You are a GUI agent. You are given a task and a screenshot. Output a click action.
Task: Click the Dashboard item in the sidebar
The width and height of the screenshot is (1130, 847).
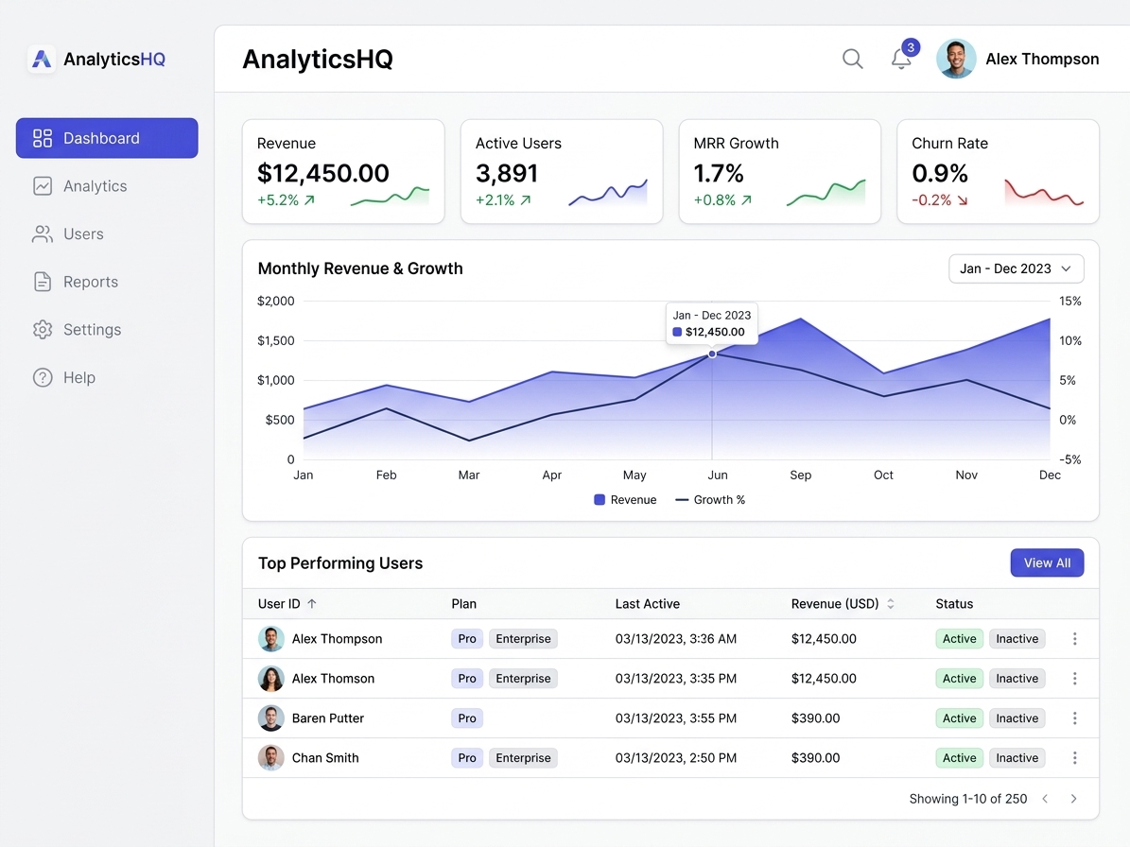click(106, 138)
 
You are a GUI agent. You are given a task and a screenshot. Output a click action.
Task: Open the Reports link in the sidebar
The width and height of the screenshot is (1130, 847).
click(90, 282)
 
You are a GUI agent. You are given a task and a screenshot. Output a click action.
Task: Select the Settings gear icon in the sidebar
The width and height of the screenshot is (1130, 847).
click(43, 330)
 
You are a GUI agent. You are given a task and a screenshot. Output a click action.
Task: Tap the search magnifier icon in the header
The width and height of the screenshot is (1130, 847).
click(852, 59)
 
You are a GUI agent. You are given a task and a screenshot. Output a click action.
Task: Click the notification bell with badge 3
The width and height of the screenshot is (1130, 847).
click(901, 59)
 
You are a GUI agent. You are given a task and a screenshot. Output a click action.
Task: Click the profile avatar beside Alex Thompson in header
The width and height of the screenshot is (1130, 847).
click(956, 59)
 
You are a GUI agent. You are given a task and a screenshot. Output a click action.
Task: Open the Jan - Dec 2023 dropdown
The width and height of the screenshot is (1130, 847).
click(1016, 268)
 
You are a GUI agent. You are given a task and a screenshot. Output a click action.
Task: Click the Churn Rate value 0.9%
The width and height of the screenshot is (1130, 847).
click(939, 173)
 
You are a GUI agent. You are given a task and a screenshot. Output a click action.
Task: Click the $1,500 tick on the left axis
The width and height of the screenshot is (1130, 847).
click(276, 340)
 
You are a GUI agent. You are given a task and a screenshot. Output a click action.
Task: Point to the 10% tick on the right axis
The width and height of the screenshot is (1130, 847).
click(1069, 340)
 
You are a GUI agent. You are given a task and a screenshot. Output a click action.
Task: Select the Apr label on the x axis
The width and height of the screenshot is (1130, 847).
click(552, 475)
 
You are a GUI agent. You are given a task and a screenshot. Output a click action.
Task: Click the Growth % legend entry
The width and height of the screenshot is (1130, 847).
click(710, 499)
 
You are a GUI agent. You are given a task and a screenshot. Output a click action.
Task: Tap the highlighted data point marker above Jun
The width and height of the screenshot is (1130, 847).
click(712, 354)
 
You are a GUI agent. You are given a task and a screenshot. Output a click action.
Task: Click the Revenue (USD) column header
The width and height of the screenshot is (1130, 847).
click(835, 603)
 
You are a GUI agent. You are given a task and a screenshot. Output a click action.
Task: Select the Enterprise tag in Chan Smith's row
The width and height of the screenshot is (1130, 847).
click(523, 758)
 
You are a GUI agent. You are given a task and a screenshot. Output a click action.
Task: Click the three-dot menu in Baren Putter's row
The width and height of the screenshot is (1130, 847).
click(1074, 718)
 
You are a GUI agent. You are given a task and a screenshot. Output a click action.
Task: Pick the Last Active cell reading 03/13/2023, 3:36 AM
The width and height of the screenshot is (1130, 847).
click(675, 639)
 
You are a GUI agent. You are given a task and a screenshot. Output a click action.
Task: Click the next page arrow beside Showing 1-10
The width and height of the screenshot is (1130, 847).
click(1073, 799)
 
